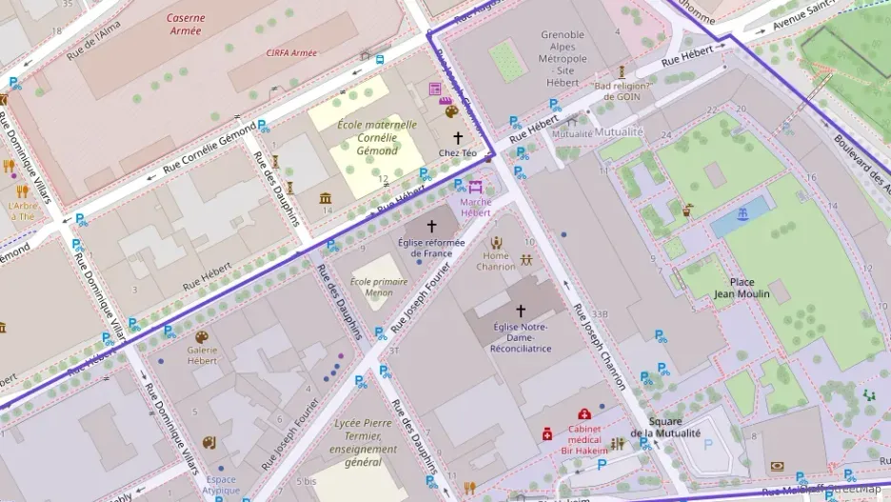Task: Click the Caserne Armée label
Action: pos(185,24)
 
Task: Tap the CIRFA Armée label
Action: pos(291,53)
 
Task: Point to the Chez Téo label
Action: pos(457,152)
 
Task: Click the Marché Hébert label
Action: pos(476,207)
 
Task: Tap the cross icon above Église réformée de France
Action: pos(431,227)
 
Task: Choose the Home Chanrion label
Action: pos(496,261)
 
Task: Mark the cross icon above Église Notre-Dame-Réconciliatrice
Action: pos(520,311)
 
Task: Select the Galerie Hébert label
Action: pos(202,355)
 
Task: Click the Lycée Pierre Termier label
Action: pos(365,441)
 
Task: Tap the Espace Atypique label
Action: pos(221,485)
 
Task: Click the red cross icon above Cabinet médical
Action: pos(584,414)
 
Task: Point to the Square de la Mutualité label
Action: pos(663,428)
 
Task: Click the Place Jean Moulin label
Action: pos(742,288)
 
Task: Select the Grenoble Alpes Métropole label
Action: pos(563,59)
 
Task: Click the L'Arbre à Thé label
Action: pos(21,211)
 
